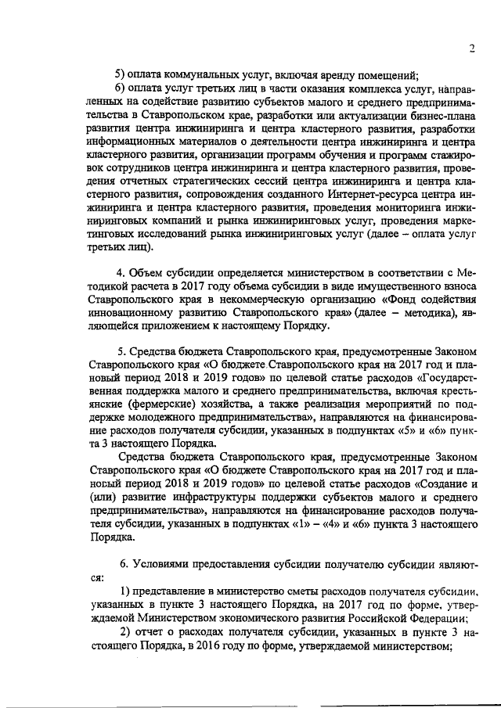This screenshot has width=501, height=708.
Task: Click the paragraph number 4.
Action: coord(120,271)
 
